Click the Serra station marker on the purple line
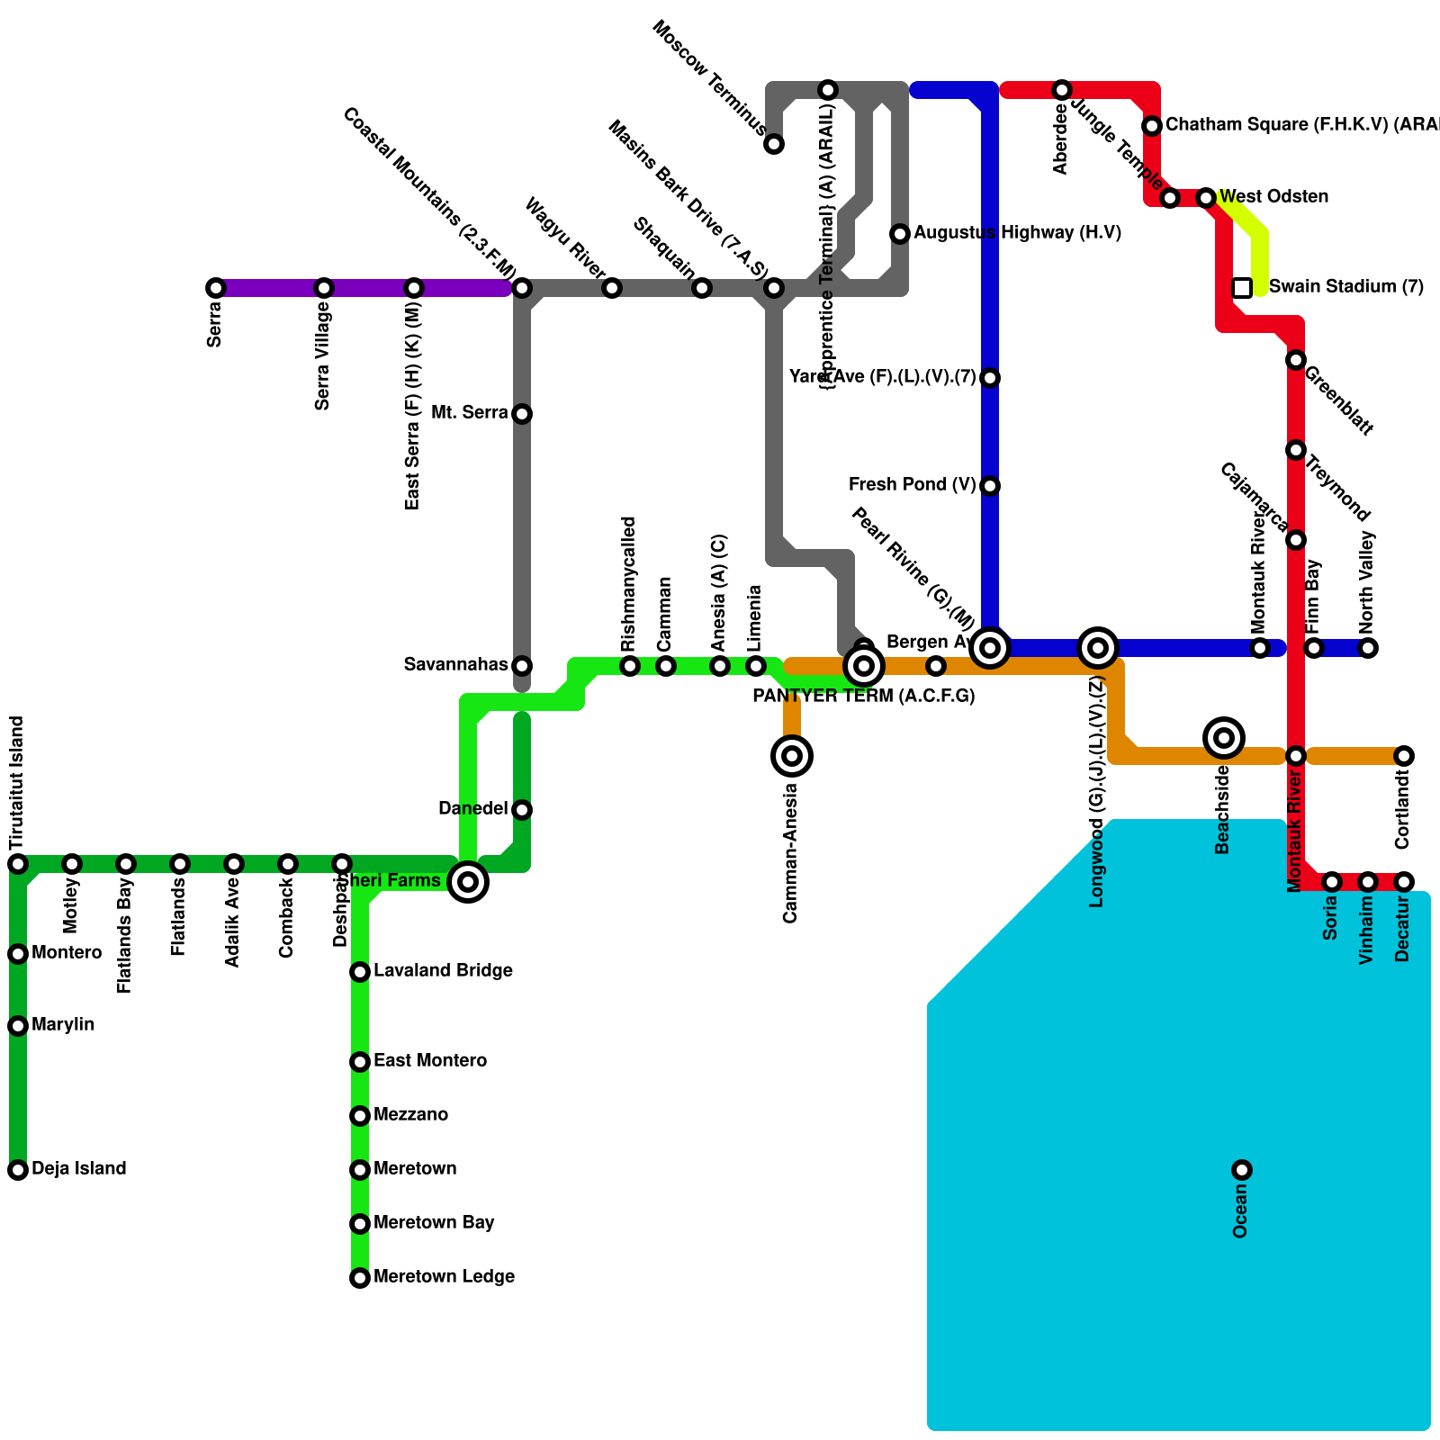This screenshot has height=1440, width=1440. pyautogui.click(x=216, y=288)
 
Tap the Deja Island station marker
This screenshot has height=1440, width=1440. pyautogui.click(x=18, y=1170)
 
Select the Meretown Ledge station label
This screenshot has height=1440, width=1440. pyautogui.click(x=444, y=1277)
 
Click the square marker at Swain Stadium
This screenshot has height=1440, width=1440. pyautogui.click(x=1242, y=288)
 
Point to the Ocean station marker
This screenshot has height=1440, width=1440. pyautogui.click(x=1242, y=1170)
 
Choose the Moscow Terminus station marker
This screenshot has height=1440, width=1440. pyautogui.click(x=774, y=144)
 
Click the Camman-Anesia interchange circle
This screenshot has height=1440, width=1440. pyautogui.click(x=792, y=756)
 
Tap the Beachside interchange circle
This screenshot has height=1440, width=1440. pyautogui.click(x=1224, y=738)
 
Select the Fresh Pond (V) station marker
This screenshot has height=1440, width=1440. pyautogui.click(x=990, y=486)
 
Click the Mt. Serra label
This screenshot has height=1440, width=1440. pyautogui.click(x=470, y=413)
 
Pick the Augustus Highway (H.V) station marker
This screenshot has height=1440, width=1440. pyautogui.click(x=900, y=234)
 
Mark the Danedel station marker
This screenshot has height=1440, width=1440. pyautogui.click(x=522, y=810)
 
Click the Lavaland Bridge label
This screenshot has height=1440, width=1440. pyautogui.click(x=443, y=971)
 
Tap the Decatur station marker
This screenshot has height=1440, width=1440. pyautogui.click(x=1404, y=882)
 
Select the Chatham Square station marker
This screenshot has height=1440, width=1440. pyautogui.click(x=1152, y=126)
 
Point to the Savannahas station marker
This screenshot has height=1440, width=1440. pyautogui.click(x=522, y=666)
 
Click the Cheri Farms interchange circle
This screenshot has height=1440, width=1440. pyautogui.click(x=468, y=882)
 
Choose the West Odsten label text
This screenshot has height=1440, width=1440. pyautogui.click(x=1274, y=197)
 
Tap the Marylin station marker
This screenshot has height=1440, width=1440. pyautogui.click(x=18, y=1026)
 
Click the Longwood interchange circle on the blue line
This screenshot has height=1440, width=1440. pyautogui.click(x=1098, y=648)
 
